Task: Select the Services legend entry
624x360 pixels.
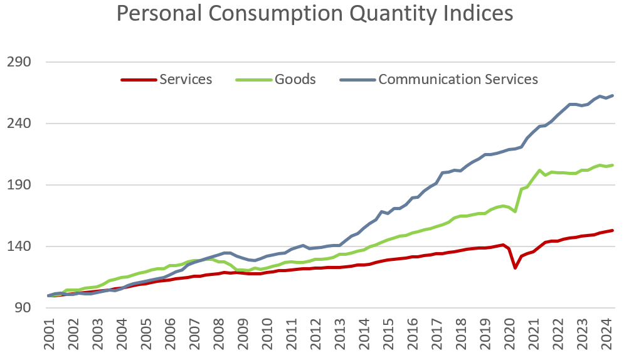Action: click(186, 80)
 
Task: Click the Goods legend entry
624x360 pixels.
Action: click(295, 80)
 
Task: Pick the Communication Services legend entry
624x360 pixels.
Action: click(458, 80)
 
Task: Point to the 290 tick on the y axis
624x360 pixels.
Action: click(21, 62)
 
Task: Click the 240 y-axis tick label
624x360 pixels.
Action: click(21, 124)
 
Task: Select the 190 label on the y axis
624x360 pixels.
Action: click(21, 185)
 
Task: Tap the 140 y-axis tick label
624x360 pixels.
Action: click(21, 246)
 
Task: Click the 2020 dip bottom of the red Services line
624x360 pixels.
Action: click(515, 268)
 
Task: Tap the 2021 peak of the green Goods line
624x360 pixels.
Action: click(539, 170)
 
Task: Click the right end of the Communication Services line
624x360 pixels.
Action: click(612, 95)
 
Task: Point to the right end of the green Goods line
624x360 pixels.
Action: click(612, 165)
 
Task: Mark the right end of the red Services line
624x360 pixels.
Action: click(612, 230)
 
